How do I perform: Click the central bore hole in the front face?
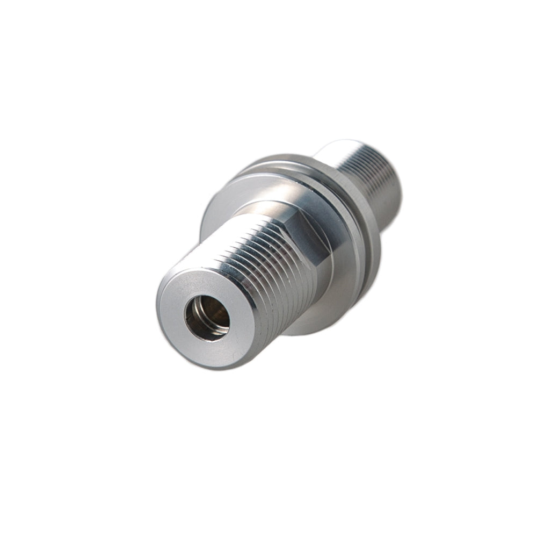pos(207,317)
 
